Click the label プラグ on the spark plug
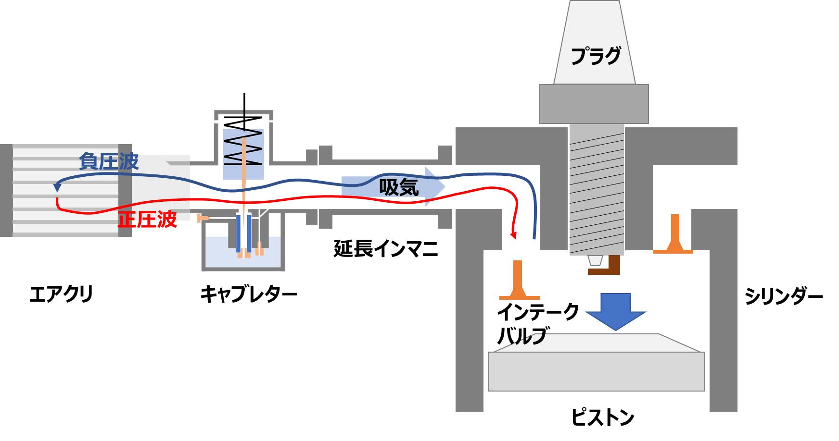[x=595, y=56]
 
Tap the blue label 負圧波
[x=109, y=161]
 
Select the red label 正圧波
[x=148, y=220]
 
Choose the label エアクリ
[x=61, y=294]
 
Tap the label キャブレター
[x=248, y=294]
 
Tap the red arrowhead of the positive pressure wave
[x=514, y=235]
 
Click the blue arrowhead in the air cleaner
[x=57, y=188]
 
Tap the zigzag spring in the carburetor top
[x=244, y=139]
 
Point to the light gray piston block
[x=597, y=370]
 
